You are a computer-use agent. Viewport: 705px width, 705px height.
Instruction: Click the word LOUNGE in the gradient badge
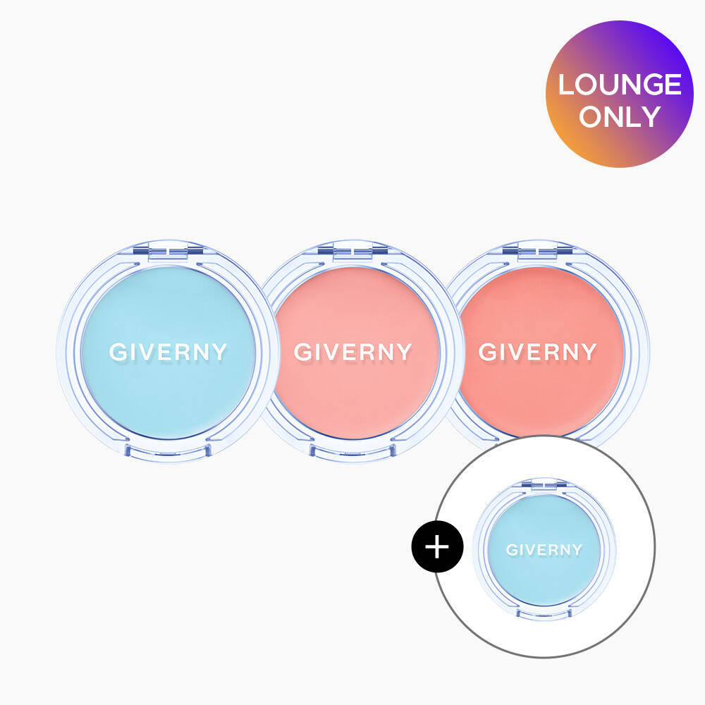pos(620,85)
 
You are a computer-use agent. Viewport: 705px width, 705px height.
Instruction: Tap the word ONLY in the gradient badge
pos(620,116)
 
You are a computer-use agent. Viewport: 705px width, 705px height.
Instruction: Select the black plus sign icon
pos(437,546)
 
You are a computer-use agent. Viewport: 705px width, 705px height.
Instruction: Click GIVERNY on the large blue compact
pos(168,352)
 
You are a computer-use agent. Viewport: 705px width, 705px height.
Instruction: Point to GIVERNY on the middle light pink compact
pos(352,352)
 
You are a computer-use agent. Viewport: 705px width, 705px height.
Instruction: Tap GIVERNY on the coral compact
pos(537,352)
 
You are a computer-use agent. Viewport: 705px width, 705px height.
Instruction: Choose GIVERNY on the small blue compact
pos(544,549)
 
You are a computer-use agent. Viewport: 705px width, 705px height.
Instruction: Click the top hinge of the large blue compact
pos(168,251)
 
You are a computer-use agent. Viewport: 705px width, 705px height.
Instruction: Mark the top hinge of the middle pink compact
pos(352,251)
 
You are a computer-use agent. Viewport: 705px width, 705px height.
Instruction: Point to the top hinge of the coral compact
pos(537,251)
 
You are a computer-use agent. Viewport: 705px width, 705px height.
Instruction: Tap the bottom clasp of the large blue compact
pos(168,450)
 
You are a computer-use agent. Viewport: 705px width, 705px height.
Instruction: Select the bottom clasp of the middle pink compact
pos(352,450)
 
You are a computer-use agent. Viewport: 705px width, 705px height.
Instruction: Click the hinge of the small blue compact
pos(544,485)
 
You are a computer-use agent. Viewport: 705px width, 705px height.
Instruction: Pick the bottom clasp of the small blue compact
pos(544,613)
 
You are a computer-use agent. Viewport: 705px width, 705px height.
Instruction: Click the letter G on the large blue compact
pos(118,352)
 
